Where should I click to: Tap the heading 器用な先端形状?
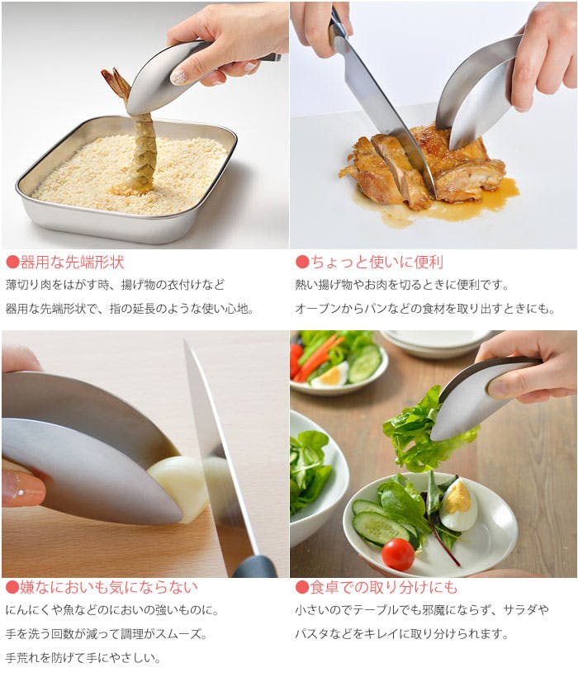[x=73, y=262]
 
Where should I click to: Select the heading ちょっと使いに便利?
[x=377, y=262]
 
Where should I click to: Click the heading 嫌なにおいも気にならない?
[x=109, y=587]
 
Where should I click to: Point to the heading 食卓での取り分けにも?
[x=384, y=587]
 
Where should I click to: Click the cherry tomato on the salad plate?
[x=398, y=554]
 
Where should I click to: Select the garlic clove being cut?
[x=190, y=487]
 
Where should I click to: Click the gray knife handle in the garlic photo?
[x=254, y=566]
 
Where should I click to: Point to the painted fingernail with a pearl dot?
[x=22, y=489]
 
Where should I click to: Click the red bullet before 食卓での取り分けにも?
[x=302, y=587]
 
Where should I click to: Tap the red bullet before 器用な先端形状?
[x=12, y=262]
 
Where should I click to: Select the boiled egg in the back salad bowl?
[x=330, y=375]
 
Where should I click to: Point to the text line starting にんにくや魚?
[x=112, y=610]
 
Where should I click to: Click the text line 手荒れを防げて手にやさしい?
[x=83, y=658]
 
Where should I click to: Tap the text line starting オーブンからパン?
[x=424, y=309]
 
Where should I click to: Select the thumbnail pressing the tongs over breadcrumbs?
[x=178, y=77]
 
